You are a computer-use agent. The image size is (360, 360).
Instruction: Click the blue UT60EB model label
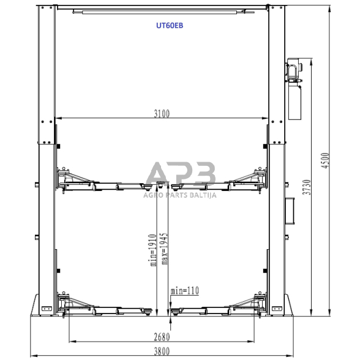point(170,26)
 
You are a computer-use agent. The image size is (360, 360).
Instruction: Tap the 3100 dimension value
point(162,114)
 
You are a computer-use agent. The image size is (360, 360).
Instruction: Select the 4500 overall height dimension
point(325,160)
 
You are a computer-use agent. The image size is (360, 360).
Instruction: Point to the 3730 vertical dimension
point(307,187)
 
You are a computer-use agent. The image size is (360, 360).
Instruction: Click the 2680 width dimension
point(162,337)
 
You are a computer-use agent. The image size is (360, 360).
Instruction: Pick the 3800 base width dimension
point(162,351)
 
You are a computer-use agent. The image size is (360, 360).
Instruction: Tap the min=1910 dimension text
point(153,250)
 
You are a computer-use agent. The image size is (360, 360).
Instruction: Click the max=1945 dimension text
point(164,249)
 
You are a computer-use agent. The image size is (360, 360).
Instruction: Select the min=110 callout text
point(185,291)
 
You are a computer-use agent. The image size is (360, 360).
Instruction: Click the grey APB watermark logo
point(181,173)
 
